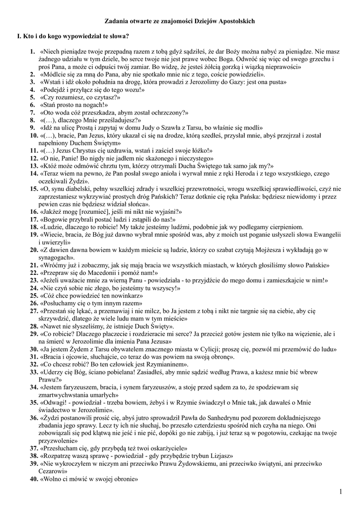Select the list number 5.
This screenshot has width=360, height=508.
(x=32, y=98)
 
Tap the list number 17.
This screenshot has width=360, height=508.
(x=34, y=219)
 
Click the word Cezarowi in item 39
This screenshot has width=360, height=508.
(x=52, y=471)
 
